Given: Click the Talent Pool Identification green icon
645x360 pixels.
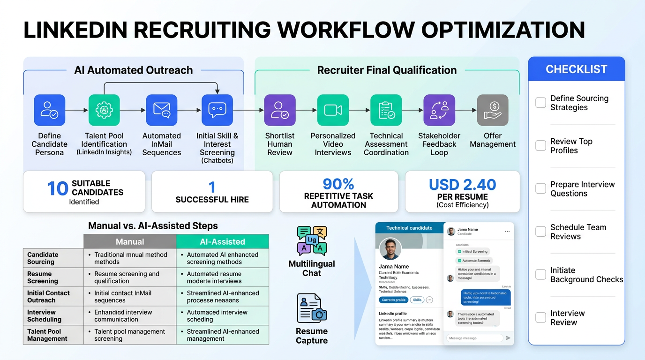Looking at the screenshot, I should [104, 110].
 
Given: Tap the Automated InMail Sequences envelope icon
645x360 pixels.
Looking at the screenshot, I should [161, 110].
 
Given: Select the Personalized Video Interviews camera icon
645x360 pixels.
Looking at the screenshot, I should [333, 110].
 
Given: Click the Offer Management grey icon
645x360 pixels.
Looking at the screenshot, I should [492, 110].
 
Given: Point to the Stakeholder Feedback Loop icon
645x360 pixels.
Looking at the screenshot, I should [439, 110].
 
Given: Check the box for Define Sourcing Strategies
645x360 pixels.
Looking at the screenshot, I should [540, 103].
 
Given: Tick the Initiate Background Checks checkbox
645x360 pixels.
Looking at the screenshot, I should [540, 275].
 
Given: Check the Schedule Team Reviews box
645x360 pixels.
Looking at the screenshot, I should [540, 232].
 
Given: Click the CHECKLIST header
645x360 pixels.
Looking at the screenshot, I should [576, 69].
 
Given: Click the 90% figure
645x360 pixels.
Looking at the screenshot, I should [338, 184].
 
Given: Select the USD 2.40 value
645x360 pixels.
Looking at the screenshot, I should [462, 185].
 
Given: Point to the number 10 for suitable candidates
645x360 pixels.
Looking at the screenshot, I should [57, 189].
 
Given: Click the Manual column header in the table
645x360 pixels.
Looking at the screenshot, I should [130, 242].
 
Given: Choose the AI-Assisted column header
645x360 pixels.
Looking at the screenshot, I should [222, 242].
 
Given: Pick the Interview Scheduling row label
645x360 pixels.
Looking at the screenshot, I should [45, 316].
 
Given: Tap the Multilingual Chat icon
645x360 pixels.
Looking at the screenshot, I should [312, 240].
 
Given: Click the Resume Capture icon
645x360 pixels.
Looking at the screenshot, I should [312, 308].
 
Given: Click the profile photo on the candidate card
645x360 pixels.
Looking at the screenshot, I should [390, 249].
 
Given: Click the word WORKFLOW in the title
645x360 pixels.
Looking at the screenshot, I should [344, 30].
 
